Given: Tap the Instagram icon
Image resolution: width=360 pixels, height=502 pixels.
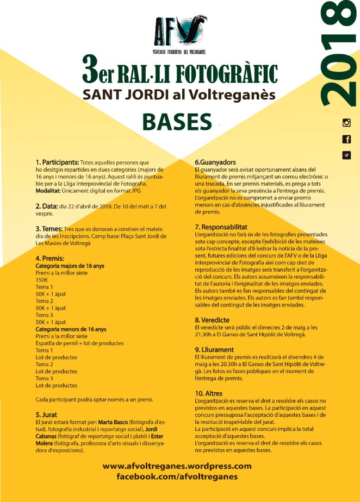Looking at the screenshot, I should (x=346, y=123).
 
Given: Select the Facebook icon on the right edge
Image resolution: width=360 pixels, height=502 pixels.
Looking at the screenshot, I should (x=346, y=139).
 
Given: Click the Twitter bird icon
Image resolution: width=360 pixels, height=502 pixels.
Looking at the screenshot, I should (x=346, y=155).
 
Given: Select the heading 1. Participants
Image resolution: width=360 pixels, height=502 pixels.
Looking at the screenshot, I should (x=57, y=162).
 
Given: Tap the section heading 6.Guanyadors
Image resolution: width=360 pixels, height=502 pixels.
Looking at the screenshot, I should (x=215, y=162).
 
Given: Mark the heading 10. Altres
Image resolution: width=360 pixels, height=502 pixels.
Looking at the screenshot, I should (x=208, y=393).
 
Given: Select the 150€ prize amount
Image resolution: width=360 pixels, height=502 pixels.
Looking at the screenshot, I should (x=42, y=280).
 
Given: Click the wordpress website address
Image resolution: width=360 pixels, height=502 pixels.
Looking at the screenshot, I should (x=177, y=466).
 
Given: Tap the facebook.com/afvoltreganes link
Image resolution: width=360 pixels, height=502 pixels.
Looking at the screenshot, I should (x=177, y=476).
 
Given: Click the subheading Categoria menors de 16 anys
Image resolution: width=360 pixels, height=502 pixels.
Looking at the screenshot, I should (x=71, y=329).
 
